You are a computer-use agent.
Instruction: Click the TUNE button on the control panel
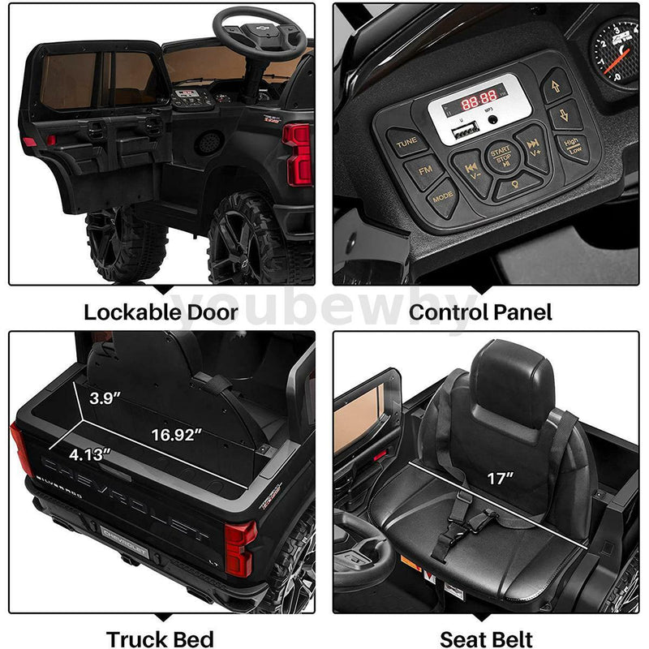tap(406, 143)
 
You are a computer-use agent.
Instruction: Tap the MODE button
tap(443, 197)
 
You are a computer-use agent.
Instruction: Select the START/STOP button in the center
tap(499, 156)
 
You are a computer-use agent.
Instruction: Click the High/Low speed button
tap(573, 147)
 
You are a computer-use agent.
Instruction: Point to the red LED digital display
tap(479, 103)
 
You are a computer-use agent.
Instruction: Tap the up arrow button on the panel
tap(557, 84)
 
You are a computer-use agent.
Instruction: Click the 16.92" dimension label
tap(176, 435)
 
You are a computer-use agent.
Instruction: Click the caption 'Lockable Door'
tap(161, 312)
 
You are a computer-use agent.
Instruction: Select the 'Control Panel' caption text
tap(480, 312)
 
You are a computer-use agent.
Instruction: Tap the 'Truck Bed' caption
tap(161, 638)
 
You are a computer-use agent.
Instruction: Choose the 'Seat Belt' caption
tap(485, 638)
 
